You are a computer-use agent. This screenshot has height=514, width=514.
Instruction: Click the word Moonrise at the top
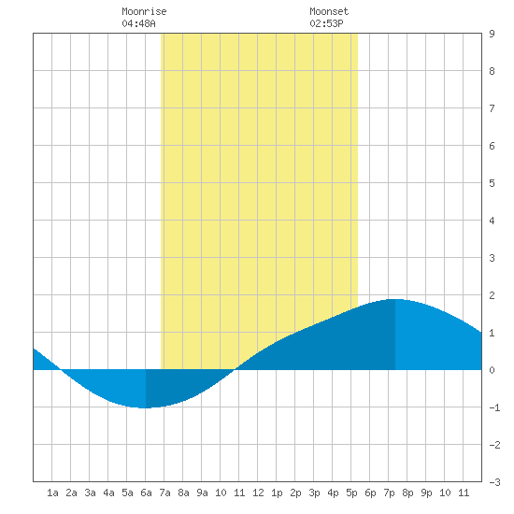(x=144, y=11)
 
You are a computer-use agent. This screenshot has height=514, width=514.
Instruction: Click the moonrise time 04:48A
(x=138, y=23)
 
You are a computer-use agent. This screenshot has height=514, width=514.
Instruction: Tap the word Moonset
(x=329, y=11)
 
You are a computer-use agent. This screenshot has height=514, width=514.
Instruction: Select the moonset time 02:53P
(x=326, y=23)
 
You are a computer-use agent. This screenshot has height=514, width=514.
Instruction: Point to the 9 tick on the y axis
(x=492, y=34)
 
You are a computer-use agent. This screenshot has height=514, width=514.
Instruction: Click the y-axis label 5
(x=492, y=183)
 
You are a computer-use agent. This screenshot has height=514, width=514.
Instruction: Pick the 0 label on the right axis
(x=492, y=370)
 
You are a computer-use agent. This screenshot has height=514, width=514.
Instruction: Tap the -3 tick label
(x=494, y=482)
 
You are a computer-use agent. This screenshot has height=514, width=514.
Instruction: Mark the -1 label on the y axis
(x=494, y=407)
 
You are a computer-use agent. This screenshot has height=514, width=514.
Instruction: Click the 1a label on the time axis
(x=52, y=493)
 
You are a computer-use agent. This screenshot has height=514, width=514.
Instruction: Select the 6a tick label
(x=146, y=493)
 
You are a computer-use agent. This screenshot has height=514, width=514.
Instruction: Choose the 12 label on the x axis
(x=258, y=493)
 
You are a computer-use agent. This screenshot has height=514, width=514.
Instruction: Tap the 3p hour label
(x=314, y=493)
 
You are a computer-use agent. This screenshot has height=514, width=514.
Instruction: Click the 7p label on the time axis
(x=389, y=493)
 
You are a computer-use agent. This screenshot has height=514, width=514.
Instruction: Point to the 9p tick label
(x=426, y=493)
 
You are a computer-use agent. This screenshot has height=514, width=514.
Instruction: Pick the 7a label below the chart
(x=164, y=493)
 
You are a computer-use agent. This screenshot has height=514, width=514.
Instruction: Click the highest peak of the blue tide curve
(x=395, y=299)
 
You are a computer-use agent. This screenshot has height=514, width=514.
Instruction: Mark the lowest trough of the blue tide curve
(x=145, y=407)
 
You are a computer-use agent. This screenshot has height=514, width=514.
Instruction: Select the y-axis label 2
(x=492, y=295)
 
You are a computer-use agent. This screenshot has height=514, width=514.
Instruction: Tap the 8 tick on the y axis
(x=492, y=71)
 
